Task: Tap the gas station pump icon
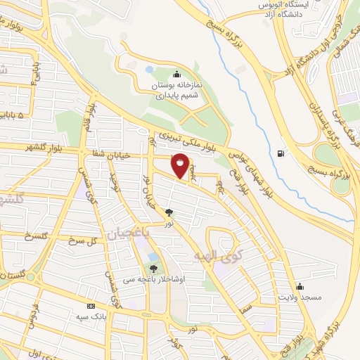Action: (x=282, y=154)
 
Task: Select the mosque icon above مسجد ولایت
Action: (x=300, y=286)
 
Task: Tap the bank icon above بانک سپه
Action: (x=91, y=306)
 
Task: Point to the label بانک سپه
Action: (x=91, y=316)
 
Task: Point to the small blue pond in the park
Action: (x=149, y=70)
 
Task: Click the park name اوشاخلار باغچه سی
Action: (x=153, y=279)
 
